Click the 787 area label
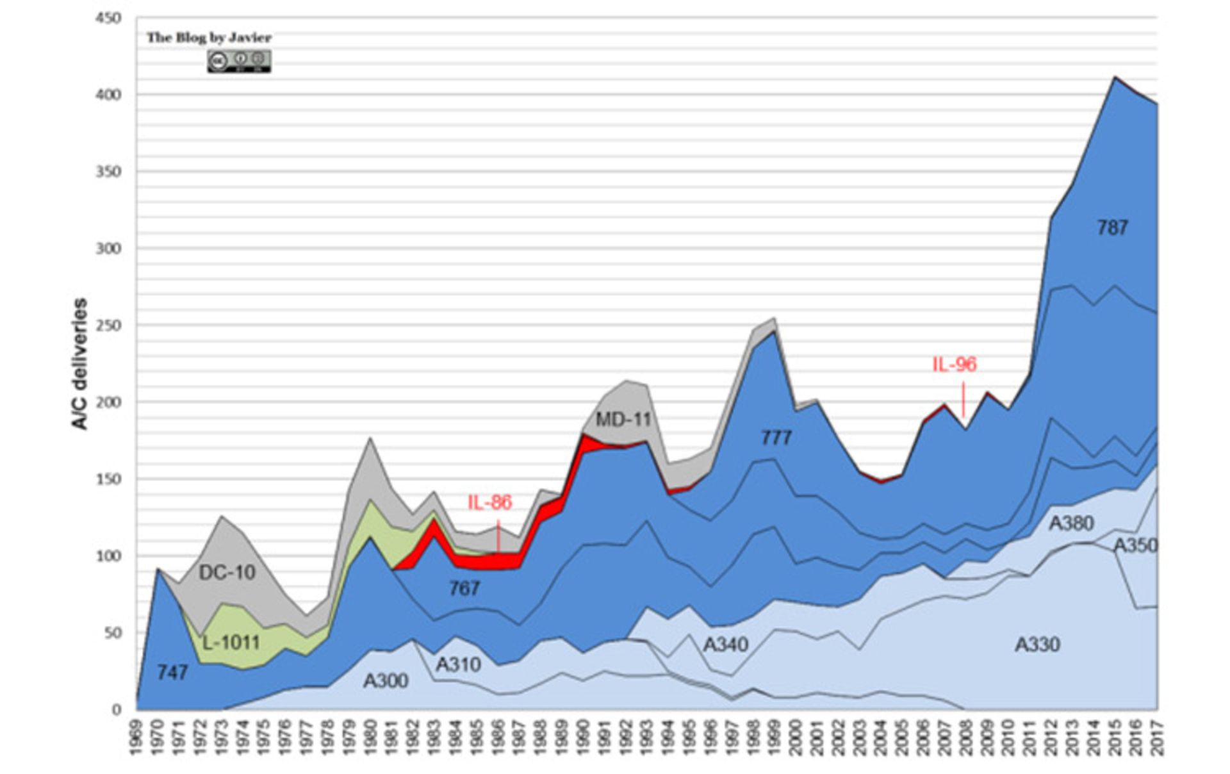click(1112, 227)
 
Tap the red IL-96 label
click(954, 364)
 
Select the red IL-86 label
click(490, 502)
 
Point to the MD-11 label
click(623, 420)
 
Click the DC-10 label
click(227, 572)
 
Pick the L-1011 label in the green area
click(231, 642)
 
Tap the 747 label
click(172, 672)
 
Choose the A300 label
click(386, 680)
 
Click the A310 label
click(458, 664)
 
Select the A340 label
click(726, 644)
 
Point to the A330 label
click(1038, 644)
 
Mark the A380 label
click(1070, 523)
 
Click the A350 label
click(1135, 545)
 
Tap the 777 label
click(776, 438)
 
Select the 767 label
click(464, 588)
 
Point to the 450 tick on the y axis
click(109, 19)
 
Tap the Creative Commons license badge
click(239, 61)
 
